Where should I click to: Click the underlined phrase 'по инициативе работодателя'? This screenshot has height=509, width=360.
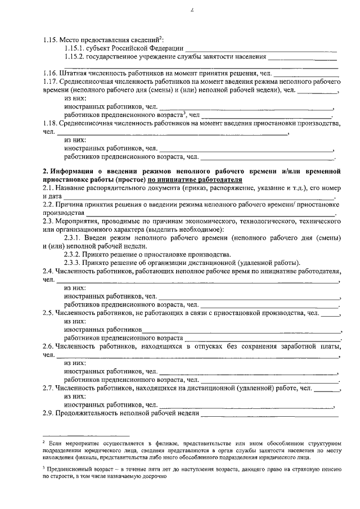pos(195,179)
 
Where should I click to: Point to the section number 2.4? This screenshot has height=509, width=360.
pos(48,271)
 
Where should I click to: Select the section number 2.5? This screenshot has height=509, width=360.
pos(48,312)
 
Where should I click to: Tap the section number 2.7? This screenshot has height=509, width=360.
pos(48,388)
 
